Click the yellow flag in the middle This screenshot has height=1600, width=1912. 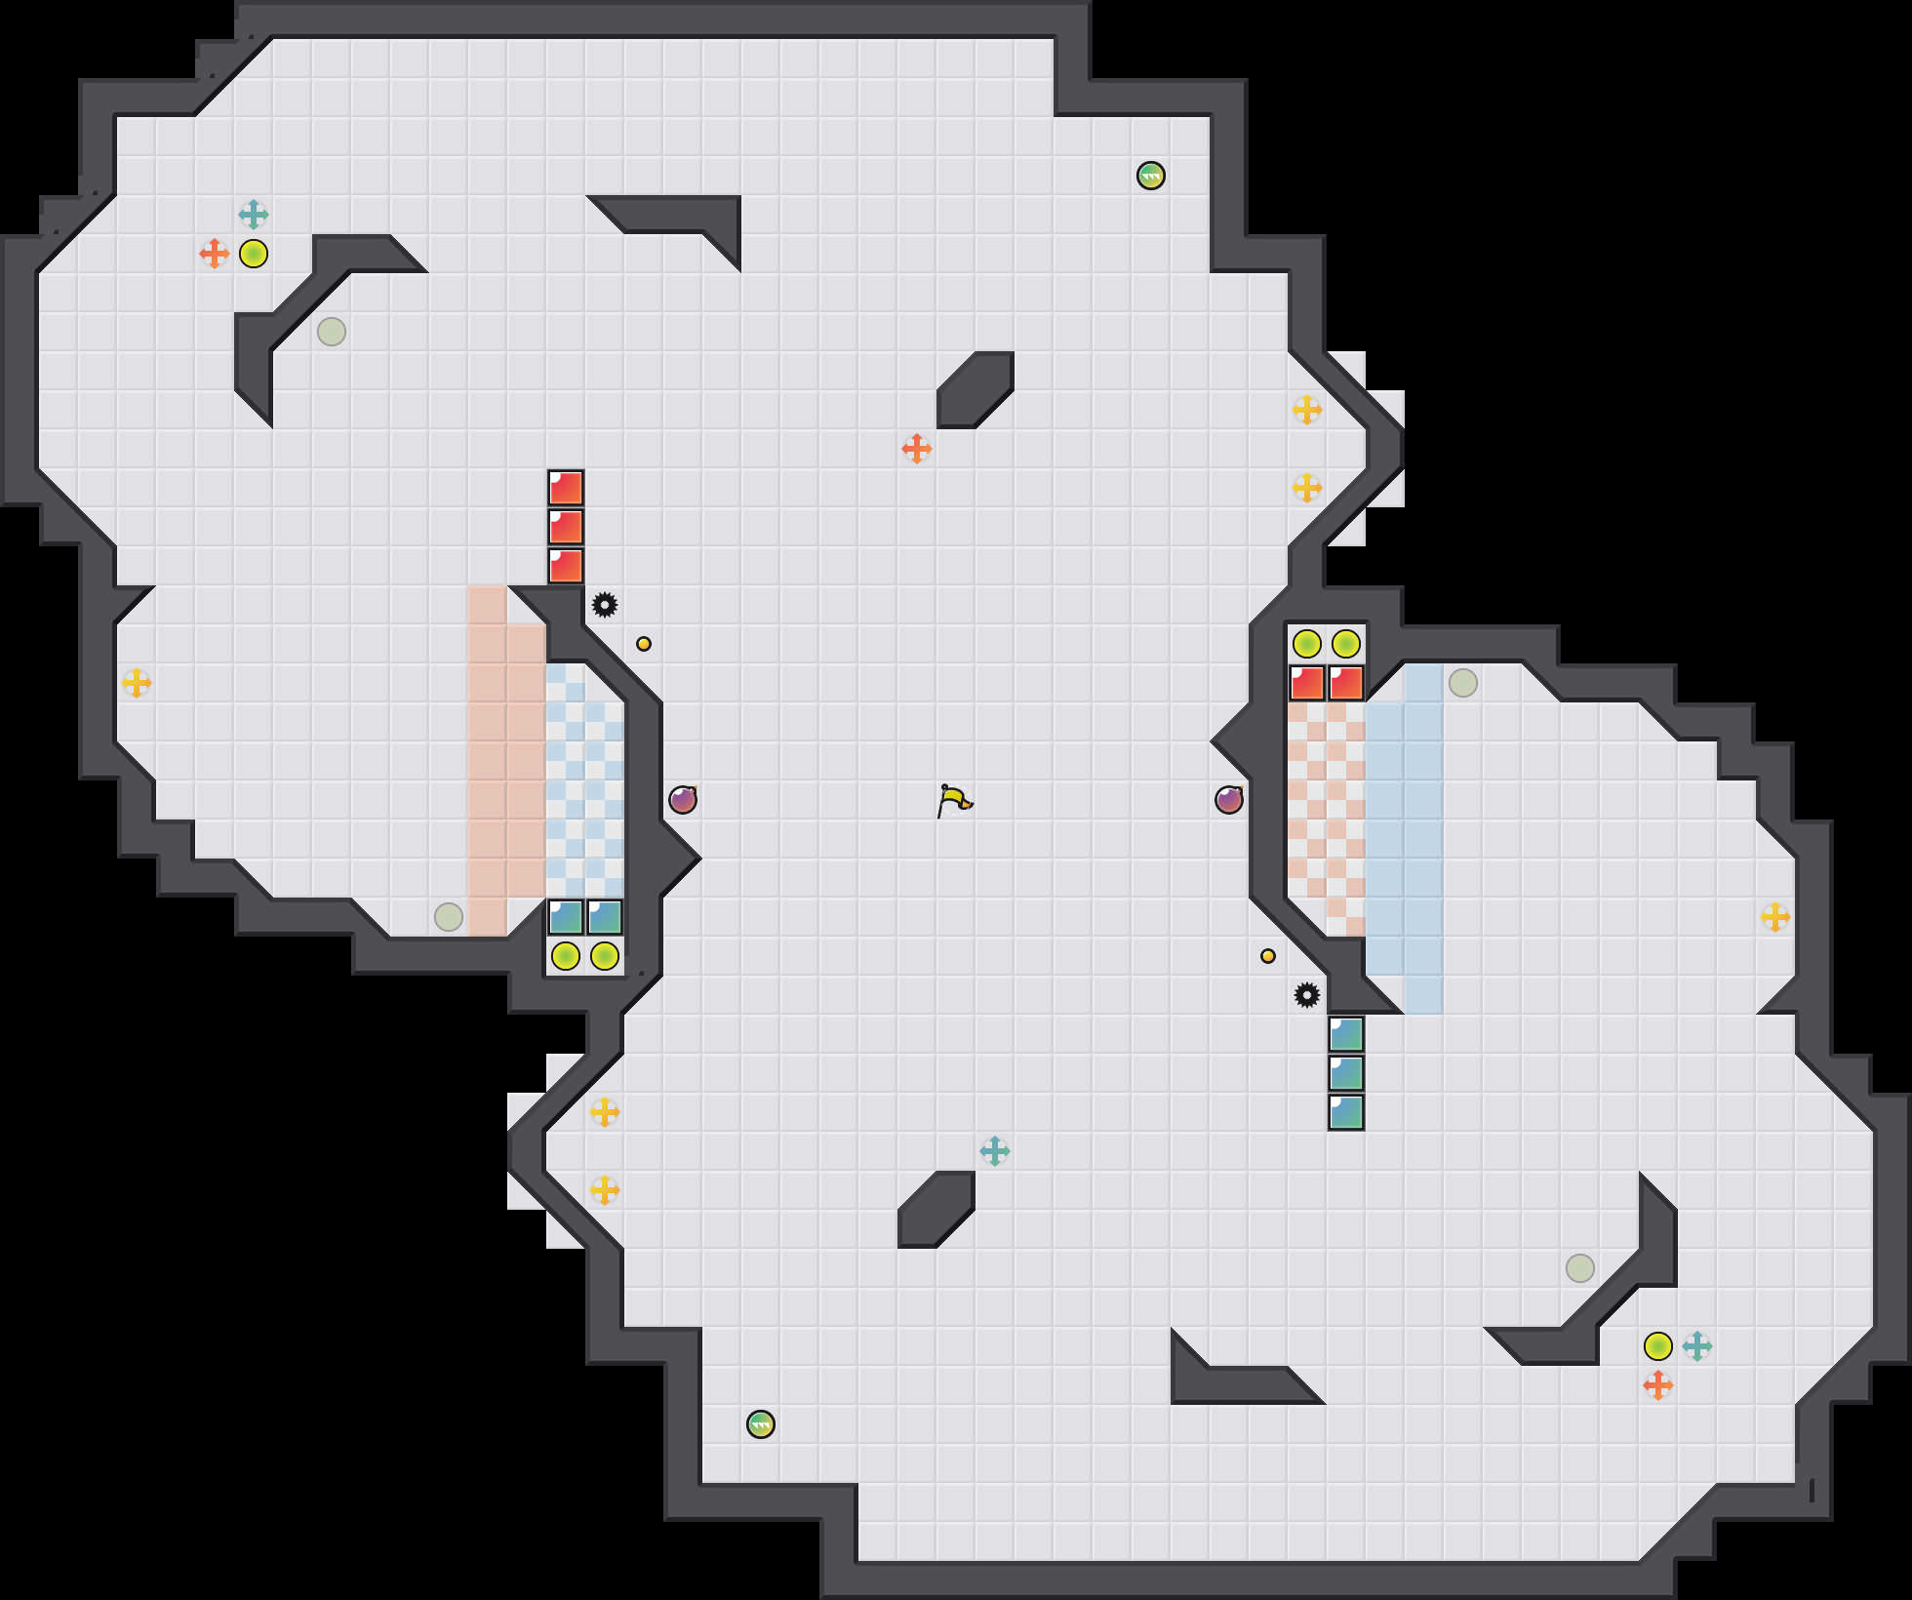coord(954,801)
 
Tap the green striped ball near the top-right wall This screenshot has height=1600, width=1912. coord(1151,176)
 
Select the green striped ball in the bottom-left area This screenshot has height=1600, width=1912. coord(761,1424)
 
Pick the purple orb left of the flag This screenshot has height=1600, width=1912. coord(683,800)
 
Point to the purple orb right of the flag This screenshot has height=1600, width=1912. coord(1229,800)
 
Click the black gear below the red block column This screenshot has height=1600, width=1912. coord(605,605)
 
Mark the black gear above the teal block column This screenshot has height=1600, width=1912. coord(1307,995)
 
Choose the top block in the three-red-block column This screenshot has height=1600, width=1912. coord(566,488)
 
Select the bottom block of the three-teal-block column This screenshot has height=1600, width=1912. coord(1346,1112)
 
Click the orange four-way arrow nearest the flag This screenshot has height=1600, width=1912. coord(917,449)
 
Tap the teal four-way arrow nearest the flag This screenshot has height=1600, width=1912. coord(995,1151)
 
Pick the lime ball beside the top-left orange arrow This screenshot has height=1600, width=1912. coord(254,254)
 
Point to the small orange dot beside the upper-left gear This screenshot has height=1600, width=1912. coord(644,644)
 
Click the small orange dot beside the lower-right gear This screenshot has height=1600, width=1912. coord(1268,956)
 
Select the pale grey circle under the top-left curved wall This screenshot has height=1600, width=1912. coord(332,332)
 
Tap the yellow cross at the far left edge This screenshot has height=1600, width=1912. coord(137,683)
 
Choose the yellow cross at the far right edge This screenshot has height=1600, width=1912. coord(1775,917)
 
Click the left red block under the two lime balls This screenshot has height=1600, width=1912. coord(1307,683)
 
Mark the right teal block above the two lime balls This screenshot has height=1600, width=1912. coord(605,917)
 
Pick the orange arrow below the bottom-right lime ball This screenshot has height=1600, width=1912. coord(1658,1385)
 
